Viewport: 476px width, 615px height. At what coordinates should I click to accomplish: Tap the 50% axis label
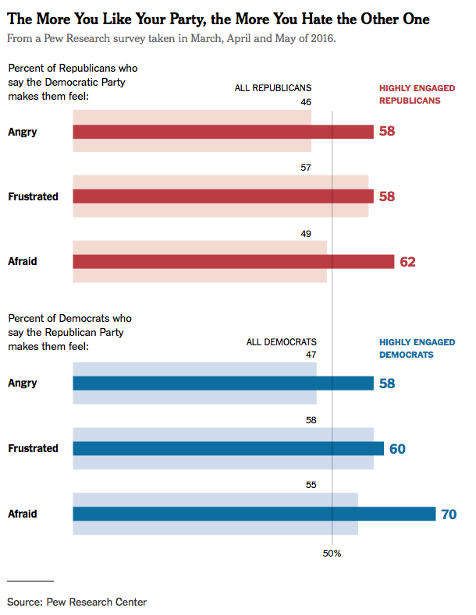[x=332, y=553]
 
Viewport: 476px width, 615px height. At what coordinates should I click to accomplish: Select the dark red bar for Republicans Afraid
[x=233, y=262]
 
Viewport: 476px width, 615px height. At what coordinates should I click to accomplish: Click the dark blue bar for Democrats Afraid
[x=254, y=514]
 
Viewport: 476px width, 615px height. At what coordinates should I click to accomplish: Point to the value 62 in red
[x=407, y=262]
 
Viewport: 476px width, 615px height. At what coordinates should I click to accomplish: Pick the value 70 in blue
[x=449, y=514]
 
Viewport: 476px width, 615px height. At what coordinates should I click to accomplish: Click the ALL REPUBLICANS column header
[x=273, y=88]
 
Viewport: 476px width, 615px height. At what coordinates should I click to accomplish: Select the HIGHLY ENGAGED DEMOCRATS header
[x=417, y=348]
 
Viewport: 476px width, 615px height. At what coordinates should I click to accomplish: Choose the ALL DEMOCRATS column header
[x=282, y=342]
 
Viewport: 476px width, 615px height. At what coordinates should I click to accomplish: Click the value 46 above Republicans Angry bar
[x=305, y=102]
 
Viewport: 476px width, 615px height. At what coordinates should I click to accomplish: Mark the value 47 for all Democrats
[x=311, y=355]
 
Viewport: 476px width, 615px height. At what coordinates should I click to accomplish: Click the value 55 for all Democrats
[x=311, y=485]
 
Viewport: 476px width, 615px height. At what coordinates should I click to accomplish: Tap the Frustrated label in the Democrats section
[x=33, y=448]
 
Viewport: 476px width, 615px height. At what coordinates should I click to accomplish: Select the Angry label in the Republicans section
[x=23, y=132]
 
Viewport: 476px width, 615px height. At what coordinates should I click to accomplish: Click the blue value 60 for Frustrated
[x=396, y=449]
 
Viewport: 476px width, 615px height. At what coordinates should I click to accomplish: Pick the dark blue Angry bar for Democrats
[x=222, y=383]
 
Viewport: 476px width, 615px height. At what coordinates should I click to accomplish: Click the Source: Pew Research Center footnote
[x=77, y=602]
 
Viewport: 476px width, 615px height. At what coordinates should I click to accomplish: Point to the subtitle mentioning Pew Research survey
[x=171, y=37]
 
